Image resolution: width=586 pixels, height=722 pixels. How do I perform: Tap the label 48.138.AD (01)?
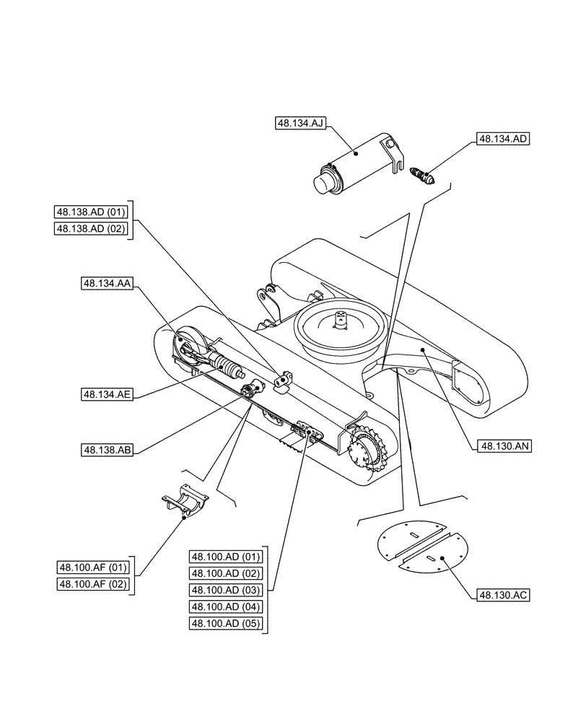pos(91,212)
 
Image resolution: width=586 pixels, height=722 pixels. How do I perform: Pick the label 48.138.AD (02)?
pos(91,229)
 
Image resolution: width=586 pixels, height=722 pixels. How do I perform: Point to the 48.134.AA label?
pos(106,284)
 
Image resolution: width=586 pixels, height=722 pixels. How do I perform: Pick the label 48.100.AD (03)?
pos(225,590)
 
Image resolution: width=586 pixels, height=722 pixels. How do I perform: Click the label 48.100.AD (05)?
pos(225,623)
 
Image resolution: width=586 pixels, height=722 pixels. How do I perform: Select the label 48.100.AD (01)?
pos(225,557)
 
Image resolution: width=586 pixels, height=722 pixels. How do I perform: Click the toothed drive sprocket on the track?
pos(369,453)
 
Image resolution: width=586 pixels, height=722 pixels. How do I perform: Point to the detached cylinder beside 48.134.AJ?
pos(357,163)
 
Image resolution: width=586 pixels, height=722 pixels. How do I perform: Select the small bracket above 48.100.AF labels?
pos(184,500)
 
